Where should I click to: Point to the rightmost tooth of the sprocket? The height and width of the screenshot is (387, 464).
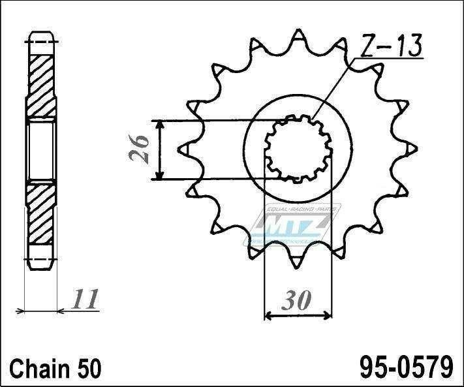click(x=410, y=149)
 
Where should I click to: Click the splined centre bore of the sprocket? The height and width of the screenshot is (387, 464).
click(x=297, y=149)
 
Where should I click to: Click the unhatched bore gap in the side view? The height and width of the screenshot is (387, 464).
click(x=40, y=150)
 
